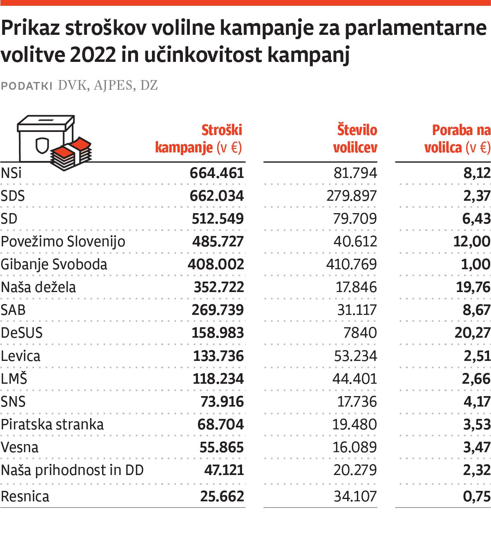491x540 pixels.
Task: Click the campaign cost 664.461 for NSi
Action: pos(217,173)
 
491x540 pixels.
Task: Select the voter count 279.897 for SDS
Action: pos(351,196)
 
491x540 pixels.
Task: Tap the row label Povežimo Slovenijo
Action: pos(63,241)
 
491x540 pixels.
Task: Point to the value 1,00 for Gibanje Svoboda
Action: pos(476,264)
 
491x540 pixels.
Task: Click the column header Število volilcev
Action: pos(355,138)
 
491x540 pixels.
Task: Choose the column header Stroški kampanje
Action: pos(199,138)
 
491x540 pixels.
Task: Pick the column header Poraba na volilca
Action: pos(457,138)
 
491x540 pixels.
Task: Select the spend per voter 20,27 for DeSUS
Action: pos(472,333)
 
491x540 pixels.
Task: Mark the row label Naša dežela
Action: pos(38,287)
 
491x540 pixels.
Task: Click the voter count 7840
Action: pos(360,333)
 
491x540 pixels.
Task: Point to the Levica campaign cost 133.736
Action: pos(218,356)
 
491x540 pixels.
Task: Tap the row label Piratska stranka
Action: pos(52,424)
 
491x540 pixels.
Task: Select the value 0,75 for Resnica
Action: pos(477,496)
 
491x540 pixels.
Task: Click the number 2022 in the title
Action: pos(93,55)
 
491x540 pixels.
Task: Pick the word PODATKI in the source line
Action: pos(26,86)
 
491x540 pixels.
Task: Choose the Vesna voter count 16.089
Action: pos(355,447)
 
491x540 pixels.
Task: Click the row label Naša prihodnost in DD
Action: pos(72,470)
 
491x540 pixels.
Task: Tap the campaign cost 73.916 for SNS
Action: pos(222,402)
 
